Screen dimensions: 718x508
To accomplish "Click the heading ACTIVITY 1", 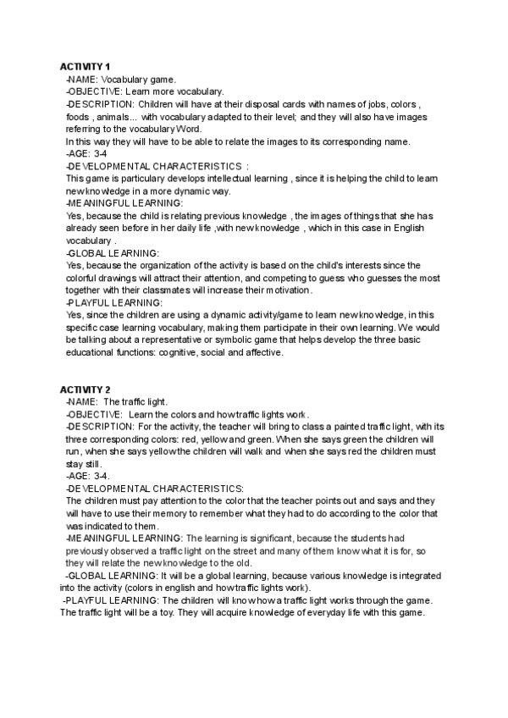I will pyautogui.click(x=85, y=66).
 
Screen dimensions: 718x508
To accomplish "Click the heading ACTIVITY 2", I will pyautogui.click(x=85, y=389).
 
